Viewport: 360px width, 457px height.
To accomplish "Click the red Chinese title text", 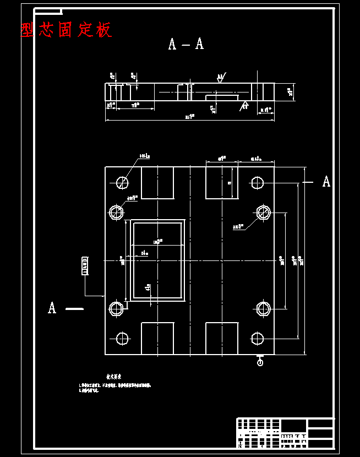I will [x=67, y=30].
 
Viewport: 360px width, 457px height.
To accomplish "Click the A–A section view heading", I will [x=186, y=44].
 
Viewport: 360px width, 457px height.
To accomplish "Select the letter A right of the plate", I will [x=326, y=182].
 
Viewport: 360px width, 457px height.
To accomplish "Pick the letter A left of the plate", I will [x=52, y=308].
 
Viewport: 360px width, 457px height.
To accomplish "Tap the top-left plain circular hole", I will [x=122, y=182].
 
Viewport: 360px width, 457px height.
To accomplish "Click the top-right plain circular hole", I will [x=257, y=182].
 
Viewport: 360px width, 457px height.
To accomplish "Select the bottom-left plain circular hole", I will [x=122, y=338].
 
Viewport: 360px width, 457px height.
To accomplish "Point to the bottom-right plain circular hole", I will [x=257, y=338].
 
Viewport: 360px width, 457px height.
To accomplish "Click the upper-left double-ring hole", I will [x=116, y=212].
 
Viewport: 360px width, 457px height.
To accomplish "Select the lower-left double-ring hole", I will [x=116, y=309].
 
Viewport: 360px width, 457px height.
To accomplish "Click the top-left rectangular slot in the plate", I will [x=157, y=183].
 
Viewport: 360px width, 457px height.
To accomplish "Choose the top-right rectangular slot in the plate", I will [x=222, y=183].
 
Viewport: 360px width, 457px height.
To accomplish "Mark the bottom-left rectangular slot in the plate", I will [x=157, y=338].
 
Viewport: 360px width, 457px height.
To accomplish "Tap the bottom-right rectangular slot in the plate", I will [x=222, y=338].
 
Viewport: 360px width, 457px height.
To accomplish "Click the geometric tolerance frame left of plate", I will [x=85, y=265].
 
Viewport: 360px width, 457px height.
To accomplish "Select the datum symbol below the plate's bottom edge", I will [x=260, y=361].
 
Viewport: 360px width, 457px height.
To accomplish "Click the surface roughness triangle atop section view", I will [x=220, y=78].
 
